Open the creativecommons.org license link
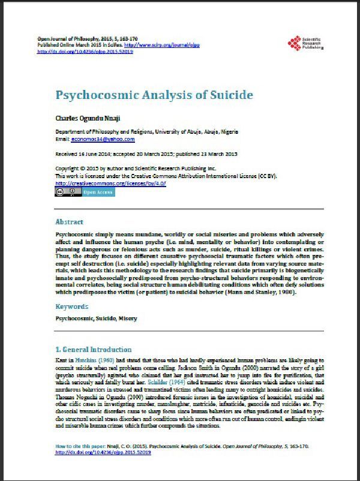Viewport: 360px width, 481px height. (x=101, y=182)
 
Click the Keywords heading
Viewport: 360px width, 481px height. (x=72, y=306)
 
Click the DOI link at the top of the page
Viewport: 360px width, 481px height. (x=85, y=52)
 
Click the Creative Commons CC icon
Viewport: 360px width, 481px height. (x=61, y=193)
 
